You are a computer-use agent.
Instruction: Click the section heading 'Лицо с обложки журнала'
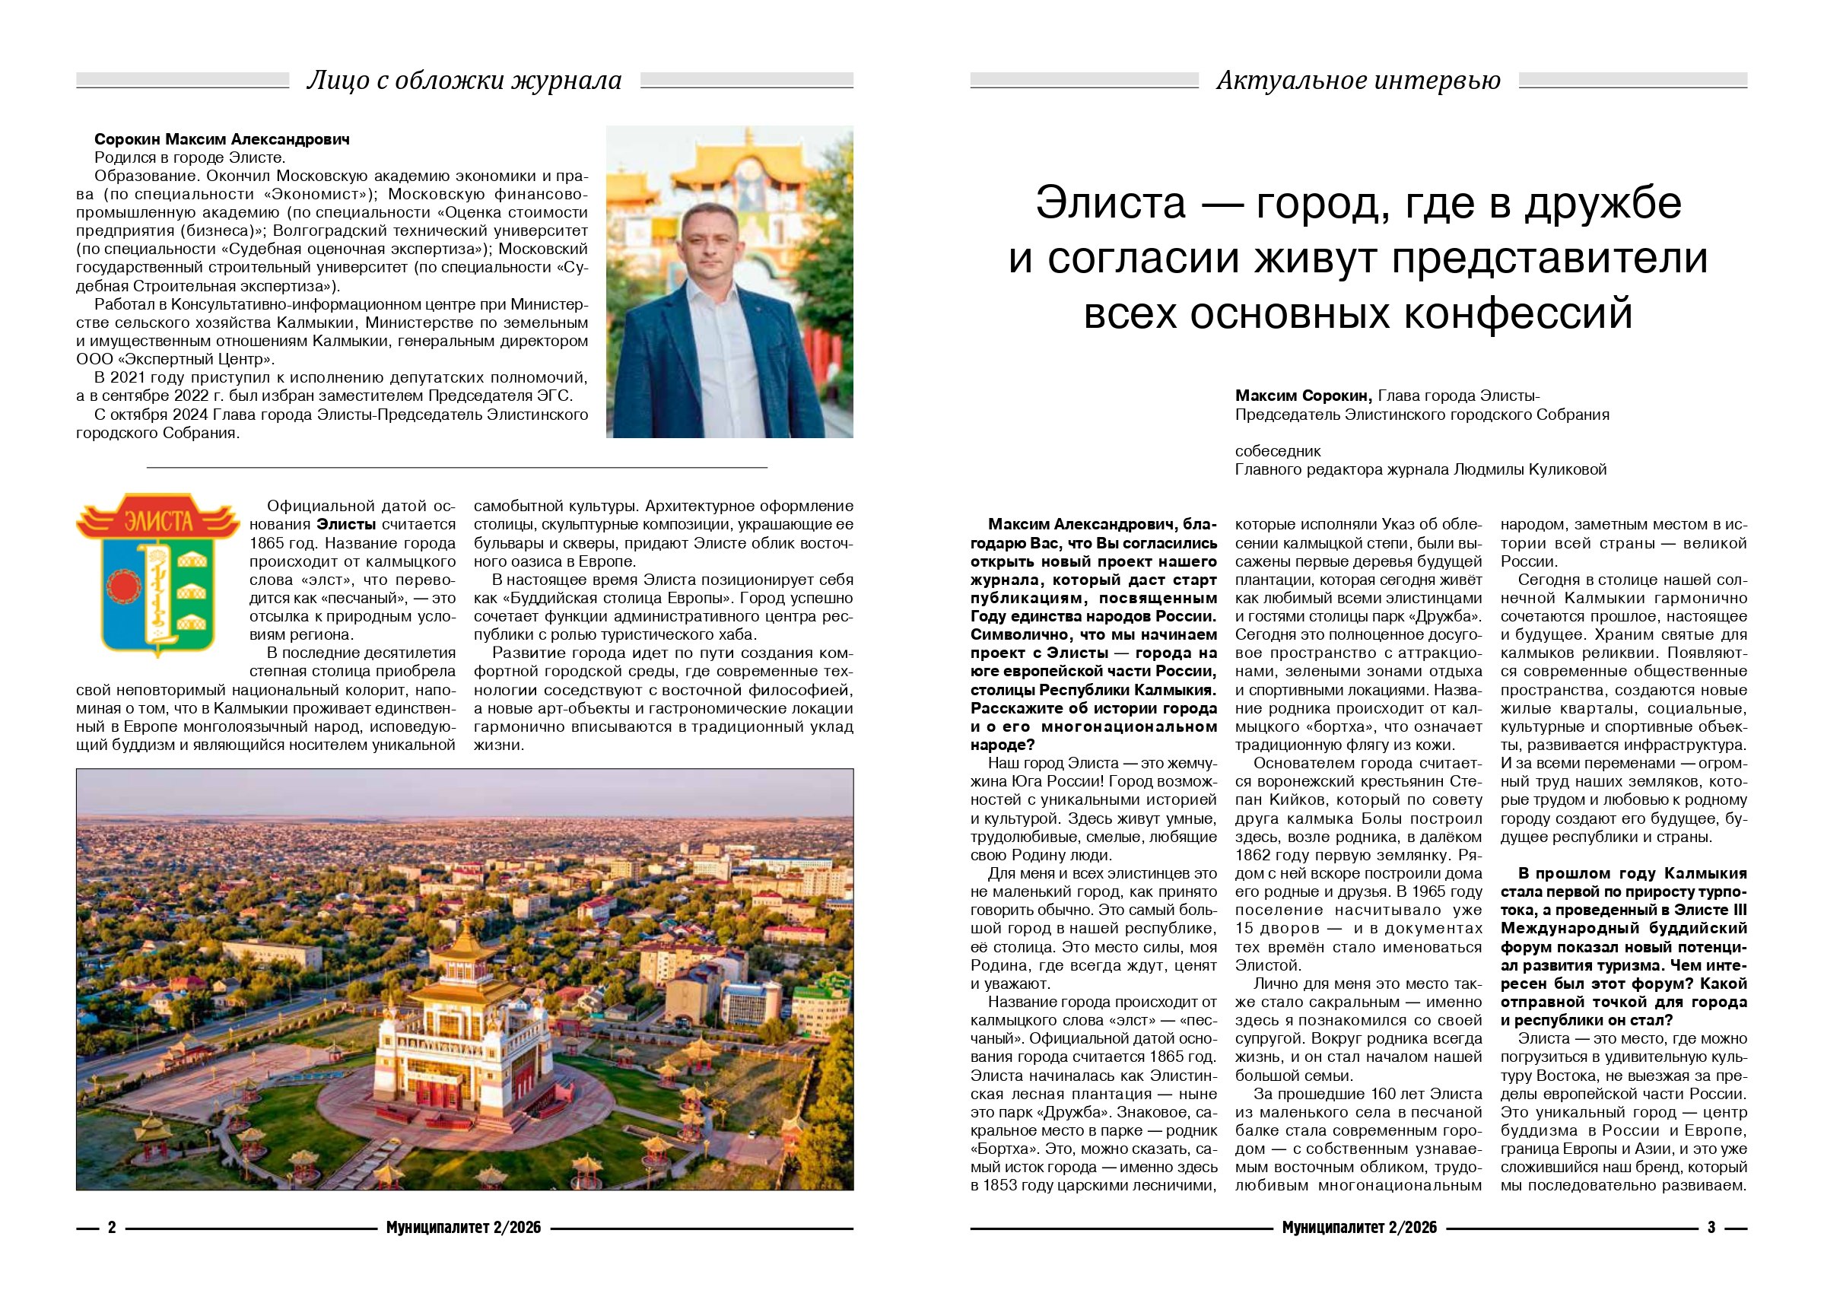(x=465, y=80)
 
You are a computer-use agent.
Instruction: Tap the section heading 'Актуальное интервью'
(x=1358, y=80)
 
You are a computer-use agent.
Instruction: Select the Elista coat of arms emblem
(x=158, y=574)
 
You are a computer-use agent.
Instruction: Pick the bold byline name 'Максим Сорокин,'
(x=1304, y=396)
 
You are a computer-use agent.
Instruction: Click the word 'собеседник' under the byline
(x=1278, y=451)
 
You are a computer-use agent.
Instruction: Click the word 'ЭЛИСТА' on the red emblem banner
(x=158, y=523)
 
